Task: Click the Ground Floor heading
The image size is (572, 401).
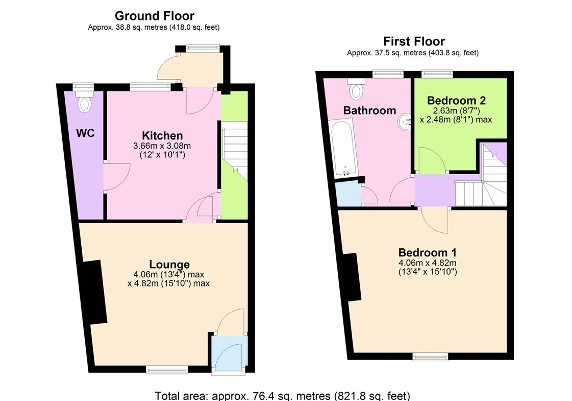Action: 154,16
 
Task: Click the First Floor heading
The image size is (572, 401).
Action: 414,41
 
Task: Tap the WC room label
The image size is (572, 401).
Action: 85,133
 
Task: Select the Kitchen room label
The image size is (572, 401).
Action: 162,135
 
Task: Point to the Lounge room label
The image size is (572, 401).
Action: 169,265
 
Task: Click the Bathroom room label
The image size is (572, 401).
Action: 369,110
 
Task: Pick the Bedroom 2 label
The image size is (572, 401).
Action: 456,101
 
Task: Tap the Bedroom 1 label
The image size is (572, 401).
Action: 427,252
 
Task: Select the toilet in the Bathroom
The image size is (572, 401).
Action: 356,89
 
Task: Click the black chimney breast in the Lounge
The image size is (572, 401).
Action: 94,292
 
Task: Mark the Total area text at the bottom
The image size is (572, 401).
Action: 282,395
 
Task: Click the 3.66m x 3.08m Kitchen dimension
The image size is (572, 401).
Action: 162,146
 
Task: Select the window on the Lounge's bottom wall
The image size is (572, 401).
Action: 167,370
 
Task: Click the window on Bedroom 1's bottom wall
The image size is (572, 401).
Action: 430,357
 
